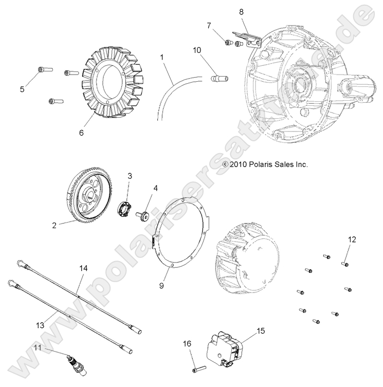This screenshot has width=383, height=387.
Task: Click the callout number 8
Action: pyautogui.click(x=242, y=11)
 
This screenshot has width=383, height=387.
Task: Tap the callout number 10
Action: pyautogui.click(x=197, y=50)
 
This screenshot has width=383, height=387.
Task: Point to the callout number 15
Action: pyautogui.click(x=261, y=331)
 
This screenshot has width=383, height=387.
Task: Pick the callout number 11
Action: pyautogui.click(x=37, y=348)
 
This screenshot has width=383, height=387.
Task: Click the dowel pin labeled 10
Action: pyautogui.click(x=220, y=79)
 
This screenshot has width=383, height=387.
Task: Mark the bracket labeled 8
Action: pyautogui.click(x=248, y=39)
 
